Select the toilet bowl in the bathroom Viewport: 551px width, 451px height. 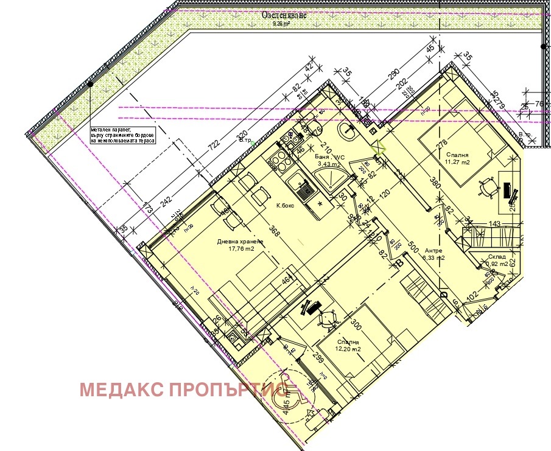pos(315,128)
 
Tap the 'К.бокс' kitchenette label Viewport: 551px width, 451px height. pos(285,206)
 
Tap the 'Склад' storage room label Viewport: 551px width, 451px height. pos(496,257)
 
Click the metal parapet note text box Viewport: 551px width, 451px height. pos(122,135)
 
